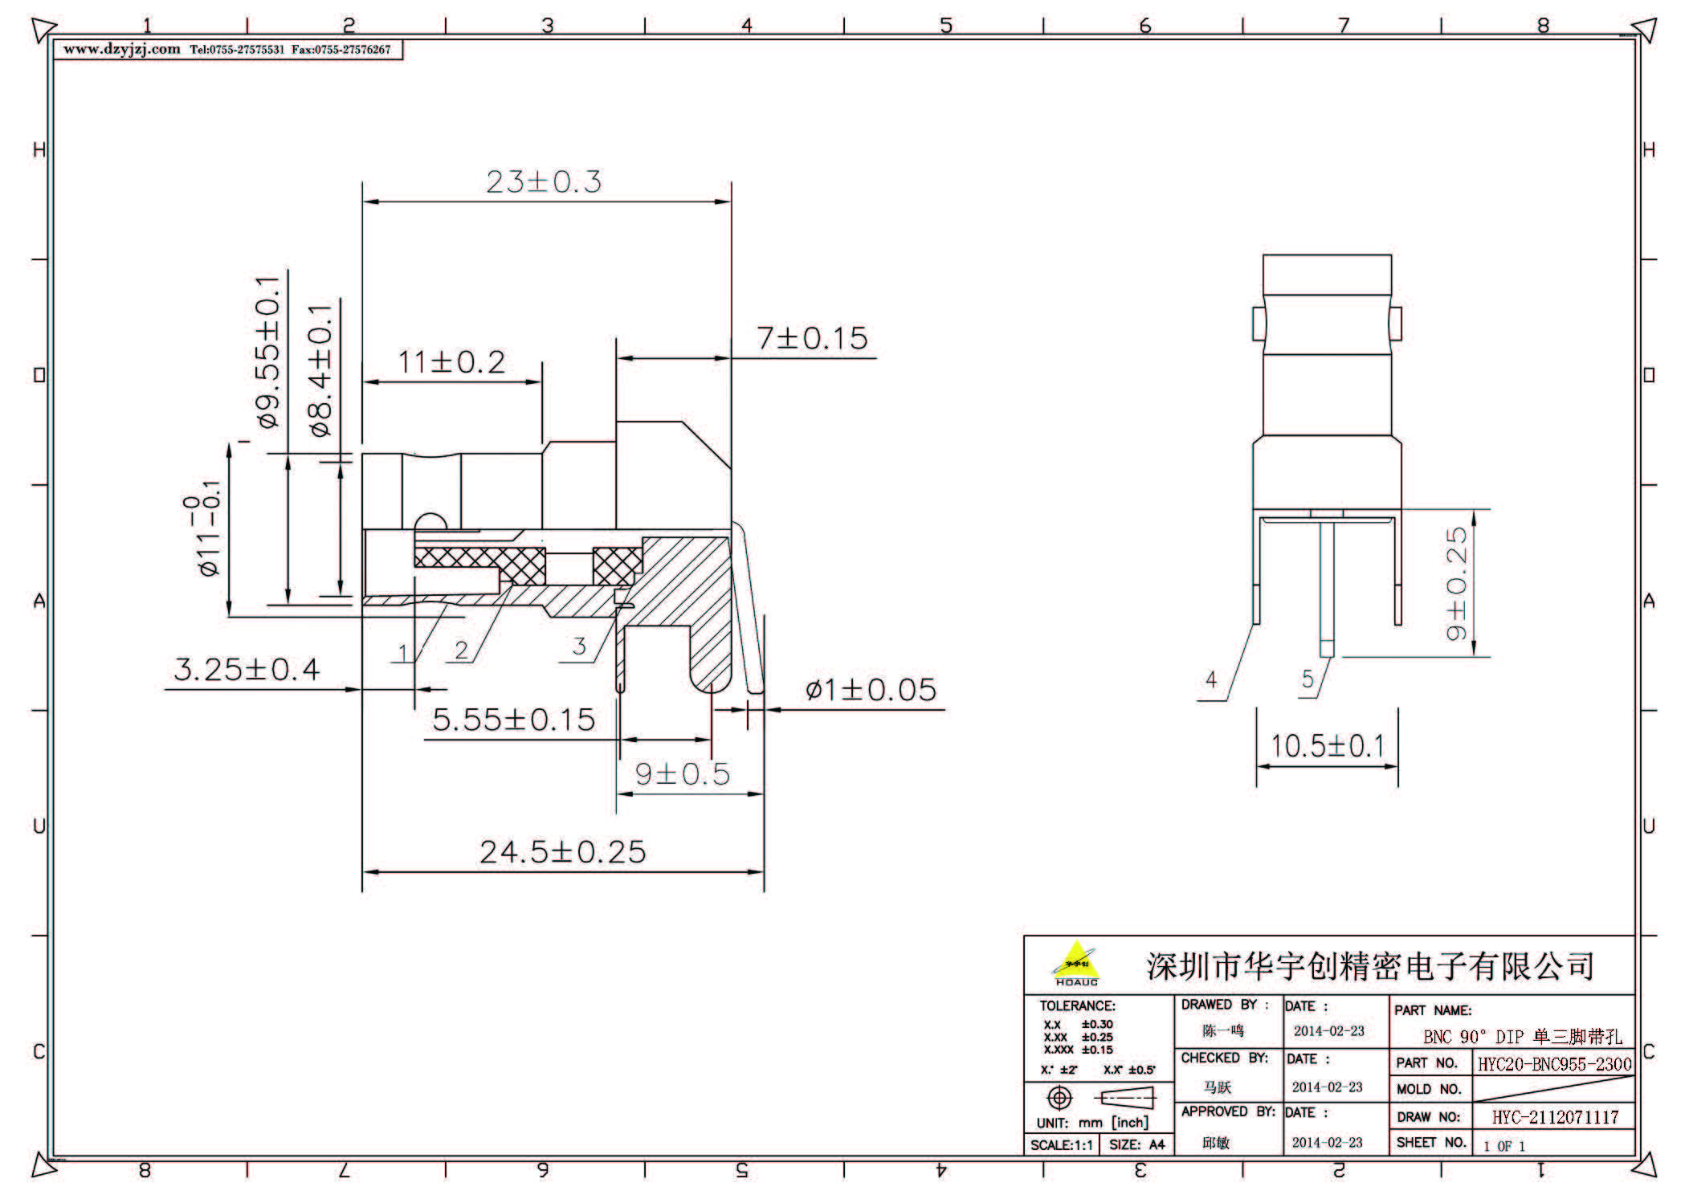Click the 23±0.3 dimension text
coord(544,182)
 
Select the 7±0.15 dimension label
coord(811,338)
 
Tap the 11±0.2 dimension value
coord(452,362)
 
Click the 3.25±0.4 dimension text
coord(247,669)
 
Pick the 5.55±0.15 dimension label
coord(513,720)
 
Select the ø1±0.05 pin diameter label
coord(871,690)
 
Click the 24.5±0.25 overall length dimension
coord(562,852)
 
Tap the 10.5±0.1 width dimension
coord(1327,746)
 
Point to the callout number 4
coord(1211,680)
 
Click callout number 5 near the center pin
coord(1308,679)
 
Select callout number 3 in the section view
coord(579,646)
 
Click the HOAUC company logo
coord(1075,967)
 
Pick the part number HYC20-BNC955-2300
coord(1554,1064)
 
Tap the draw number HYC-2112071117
coord(1555,1117)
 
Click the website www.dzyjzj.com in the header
coord(122,50)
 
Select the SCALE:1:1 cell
coord(1060,1145)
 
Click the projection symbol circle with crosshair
coord(1059,1097)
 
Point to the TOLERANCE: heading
coord(1076,1005)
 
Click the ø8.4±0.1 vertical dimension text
coord(320,370)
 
